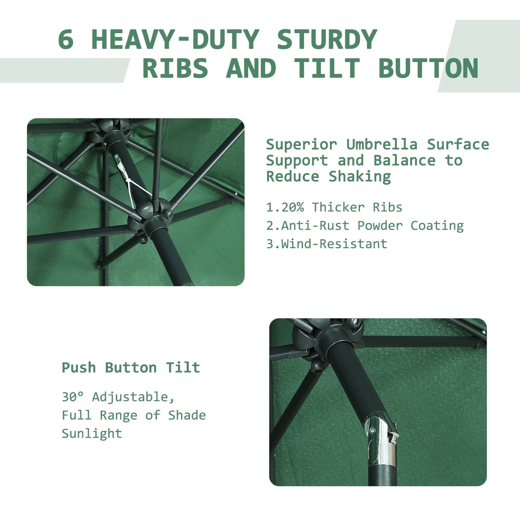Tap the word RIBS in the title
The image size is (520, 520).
[x=175, y=68]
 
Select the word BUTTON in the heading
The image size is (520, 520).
[x=428, y=68]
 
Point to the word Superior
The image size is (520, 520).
[x=302, y=145]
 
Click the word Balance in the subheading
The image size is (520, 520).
[x=404, y=160]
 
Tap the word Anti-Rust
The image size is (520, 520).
[x=315, y=226]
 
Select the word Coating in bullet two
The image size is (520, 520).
[x=437, y=226]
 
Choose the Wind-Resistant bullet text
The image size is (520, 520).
[x=334, y=244]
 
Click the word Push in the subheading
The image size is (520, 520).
[x=79, y=368]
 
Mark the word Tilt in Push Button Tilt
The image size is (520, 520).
[x=183, y=368]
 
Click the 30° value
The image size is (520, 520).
[x=73, y=397]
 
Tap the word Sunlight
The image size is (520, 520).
[x=92, y=434]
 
